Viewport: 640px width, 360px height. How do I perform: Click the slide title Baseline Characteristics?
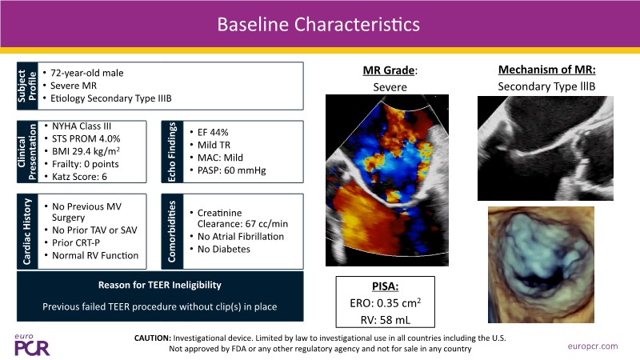tap(318, 24)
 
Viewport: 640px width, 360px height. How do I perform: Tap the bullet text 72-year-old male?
tap(86, 73)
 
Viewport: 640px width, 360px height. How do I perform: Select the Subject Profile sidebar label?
tap(27, 86)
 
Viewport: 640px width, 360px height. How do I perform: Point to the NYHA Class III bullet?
tap(82, 126)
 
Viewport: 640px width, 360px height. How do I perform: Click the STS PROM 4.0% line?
tap(86, 138)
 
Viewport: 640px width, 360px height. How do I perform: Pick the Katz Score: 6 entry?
tap(79, 177)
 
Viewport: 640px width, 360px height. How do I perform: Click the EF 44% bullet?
tap(213, 132)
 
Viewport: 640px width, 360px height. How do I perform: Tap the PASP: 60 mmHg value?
tap(231, 170)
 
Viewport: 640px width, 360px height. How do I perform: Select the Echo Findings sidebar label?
tap(172, 152)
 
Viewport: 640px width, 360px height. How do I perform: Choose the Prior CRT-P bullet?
tap(76, 243)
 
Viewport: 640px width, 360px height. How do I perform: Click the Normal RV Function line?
tap(95, 255)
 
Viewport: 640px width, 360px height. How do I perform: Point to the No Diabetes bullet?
tap(224, 249)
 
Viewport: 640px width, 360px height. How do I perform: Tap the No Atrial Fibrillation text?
tap(241, 236)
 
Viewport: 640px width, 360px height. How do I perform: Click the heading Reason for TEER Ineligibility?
tap(159, 285)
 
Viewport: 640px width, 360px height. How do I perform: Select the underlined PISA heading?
tap(386, 286)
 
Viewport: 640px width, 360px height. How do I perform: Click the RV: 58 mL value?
tap(386, 320)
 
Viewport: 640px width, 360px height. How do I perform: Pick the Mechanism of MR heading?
tap(546, 70)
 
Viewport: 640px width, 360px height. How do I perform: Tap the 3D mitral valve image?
tap(542, 265)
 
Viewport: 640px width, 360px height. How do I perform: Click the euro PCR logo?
tap(32, 345)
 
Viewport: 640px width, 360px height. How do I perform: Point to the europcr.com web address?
tap(593, 346)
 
